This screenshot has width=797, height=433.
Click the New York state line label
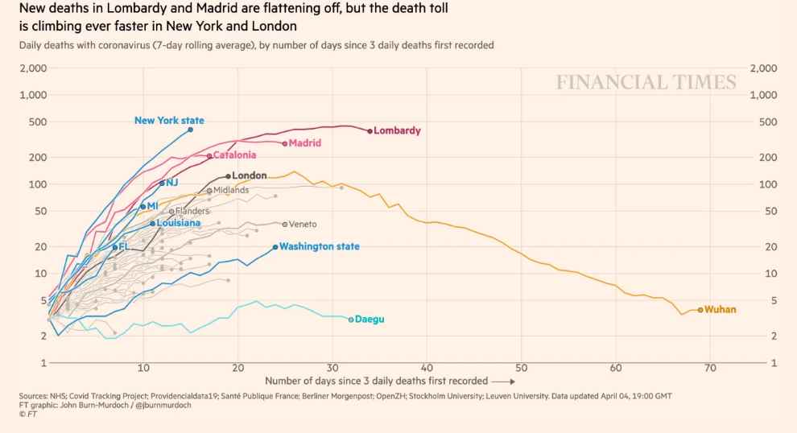coord(169,121)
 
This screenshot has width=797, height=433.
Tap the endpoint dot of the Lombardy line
coord(370,131)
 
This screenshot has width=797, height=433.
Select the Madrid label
coord(305,143)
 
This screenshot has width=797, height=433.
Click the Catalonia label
coord(234,155)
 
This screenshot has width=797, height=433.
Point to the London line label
coord(250,175)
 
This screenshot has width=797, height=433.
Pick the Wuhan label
coord(721,309)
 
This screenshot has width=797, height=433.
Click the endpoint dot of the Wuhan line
coord(700,310)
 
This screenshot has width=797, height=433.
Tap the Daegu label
coord(370,320)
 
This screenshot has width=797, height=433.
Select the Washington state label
coord(320,247)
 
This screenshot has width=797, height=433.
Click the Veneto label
coord(303,225)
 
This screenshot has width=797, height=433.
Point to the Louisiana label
coord(179,223)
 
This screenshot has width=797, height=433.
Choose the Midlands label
coord(231,191)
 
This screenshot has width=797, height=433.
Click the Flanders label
coord(192,211)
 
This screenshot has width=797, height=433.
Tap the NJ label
coord(172,183)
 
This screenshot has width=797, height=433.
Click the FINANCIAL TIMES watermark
coord(646,82)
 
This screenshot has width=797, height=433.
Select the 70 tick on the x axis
coord(710,368)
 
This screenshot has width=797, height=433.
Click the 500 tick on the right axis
coord(768,122)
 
